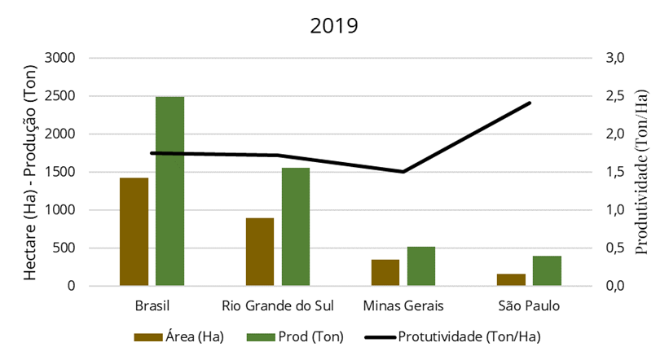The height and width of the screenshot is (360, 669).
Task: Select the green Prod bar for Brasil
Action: (169, 191)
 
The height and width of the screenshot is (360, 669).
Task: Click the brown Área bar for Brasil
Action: (134, 231)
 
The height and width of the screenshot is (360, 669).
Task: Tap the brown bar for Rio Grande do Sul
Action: (259, 252)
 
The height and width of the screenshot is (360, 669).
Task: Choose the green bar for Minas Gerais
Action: (421, 266)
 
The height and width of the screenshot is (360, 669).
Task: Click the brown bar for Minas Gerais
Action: (385, 273)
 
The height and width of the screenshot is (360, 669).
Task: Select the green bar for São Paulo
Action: (547, 270)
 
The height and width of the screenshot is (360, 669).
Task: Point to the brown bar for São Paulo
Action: (511, 279)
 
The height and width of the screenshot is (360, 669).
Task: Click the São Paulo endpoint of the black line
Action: (530, 103)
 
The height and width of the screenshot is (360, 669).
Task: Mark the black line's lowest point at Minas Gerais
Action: (403, 172)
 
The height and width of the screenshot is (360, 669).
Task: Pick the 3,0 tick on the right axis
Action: (613, 58)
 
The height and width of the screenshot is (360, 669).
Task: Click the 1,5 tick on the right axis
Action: (613, 172)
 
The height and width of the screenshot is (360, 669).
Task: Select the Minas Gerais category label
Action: (403, 306)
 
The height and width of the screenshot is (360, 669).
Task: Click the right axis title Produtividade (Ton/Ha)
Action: (645, 172)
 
